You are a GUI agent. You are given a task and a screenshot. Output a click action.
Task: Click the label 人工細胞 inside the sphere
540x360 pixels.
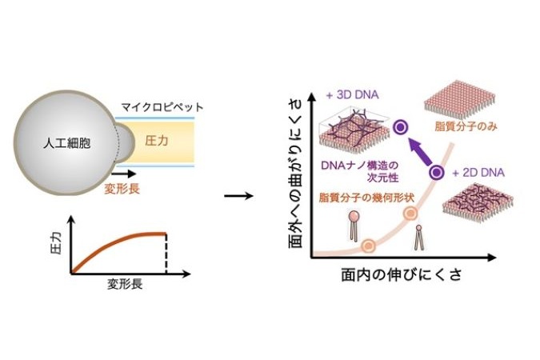67,142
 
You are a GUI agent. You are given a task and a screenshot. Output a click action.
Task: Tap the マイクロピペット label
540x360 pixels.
162,107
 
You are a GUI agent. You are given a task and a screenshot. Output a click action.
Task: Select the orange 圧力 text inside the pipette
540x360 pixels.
157,141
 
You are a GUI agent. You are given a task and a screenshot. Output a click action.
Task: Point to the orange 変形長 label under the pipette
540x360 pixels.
122,189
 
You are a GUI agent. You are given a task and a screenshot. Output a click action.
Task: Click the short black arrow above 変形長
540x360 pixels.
124,174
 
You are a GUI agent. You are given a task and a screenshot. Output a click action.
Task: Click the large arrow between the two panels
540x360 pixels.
238,196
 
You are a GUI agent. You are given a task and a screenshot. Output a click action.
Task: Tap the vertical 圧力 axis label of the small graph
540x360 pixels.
56,243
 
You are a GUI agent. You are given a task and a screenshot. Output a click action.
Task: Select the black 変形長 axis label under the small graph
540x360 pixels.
125,284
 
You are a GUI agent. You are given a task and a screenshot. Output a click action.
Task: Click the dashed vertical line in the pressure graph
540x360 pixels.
166,254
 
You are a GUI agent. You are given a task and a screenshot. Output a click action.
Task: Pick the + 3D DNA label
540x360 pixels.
352,94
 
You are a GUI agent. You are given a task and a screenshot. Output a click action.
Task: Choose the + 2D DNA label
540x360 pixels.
478,173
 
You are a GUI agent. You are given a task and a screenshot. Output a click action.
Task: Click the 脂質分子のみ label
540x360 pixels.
466,126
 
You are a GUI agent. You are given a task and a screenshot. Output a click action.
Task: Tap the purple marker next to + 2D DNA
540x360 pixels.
437,172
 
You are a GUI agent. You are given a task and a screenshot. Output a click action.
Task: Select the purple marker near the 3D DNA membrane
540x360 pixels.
400,128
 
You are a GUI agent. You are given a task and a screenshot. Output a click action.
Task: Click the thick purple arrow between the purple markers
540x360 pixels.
419,150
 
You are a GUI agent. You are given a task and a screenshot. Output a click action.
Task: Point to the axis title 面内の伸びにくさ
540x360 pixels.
402,275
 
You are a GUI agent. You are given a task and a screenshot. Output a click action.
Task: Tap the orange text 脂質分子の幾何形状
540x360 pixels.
366,198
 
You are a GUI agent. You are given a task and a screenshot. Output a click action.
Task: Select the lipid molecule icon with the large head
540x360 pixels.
354,226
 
